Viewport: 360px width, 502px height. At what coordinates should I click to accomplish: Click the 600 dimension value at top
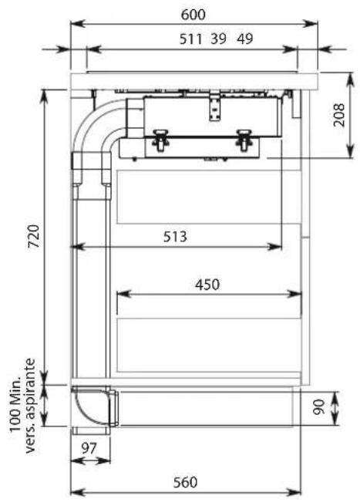pos(193,15)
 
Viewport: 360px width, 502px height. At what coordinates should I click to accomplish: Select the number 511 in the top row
pos(190,39)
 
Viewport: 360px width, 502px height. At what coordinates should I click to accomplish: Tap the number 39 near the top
pos(219,39)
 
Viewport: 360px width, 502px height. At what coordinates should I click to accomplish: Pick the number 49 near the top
pos(245,39)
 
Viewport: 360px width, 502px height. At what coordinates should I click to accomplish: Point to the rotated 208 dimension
pos(339,115)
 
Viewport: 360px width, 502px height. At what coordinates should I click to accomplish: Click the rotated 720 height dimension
pos(34,236)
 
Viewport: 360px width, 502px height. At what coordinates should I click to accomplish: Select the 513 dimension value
pos(175,237)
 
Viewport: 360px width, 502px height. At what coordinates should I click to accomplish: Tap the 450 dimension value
pos(207,285)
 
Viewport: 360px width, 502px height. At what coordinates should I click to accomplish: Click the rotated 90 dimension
pos(318,407)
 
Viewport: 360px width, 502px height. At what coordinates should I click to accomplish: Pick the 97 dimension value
pos(89,448)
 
